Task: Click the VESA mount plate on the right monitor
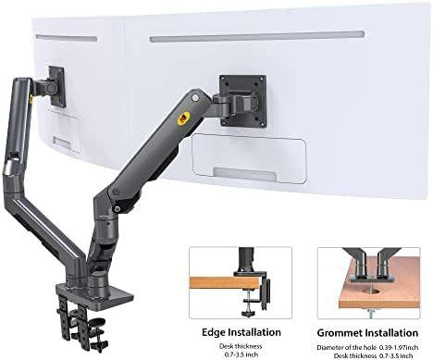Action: click(242, 100)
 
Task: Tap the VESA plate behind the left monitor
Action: click(57, 86)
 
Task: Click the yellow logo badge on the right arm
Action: click(184, 118)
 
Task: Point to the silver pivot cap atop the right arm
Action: click(195, 97)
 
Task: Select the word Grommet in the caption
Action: click(339, 333)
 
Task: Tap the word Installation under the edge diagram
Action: click(254, 332)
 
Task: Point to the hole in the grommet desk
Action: click(369, 291)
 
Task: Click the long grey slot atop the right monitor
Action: click(257, 36)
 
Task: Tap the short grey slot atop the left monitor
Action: click(67, 38)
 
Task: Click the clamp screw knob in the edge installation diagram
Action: click(248, 314)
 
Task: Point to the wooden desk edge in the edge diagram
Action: click(225, 283)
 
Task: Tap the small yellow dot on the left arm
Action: click(31, 99)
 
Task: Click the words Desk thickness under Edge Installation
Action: click(241, 346)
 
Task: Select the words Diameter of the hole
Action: click(347, 348)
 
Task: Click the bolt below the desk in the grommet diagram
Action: click(370, 312)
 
